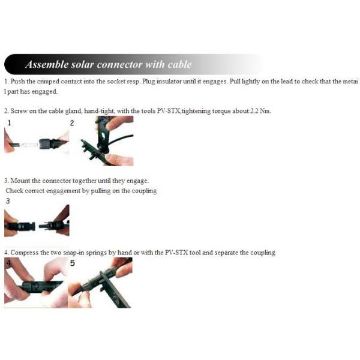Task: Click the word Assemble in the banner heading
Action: point(47,64)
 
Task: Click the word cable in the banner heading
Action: point(179,64)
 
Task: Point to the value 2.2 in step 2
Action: point(254,111)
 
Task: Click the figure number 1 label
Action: point(9,123)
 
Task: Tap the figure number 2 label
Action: point(72,123)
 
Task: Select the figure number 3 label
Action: point(8,201)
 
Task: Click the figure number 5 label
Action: point(73,263)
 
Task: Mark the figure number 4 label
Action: point(9,263)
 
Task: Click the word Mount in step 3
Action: point(20,181)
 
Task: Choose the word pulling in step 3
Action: point(101,191)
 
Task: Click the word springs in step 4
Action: point(96,253)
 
